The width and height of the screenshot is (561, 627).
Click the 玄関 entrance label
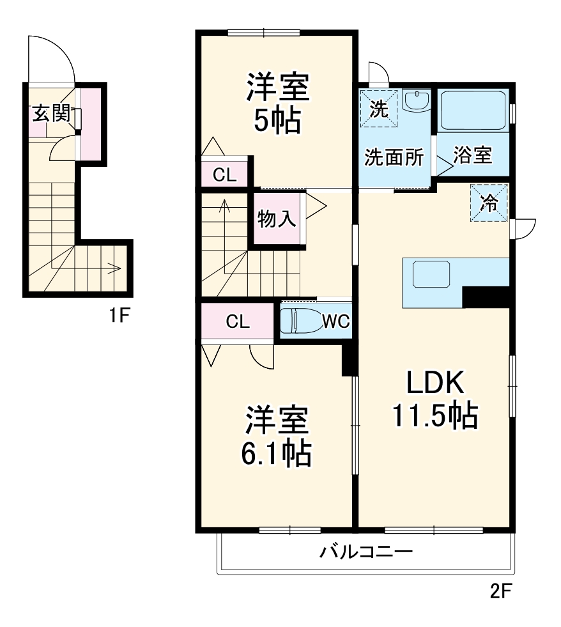coord(51,113)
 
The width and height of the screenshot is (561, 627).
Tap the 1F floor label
coord(119,315)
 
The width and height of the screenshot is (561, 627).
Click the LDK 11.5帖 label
coord(434,399)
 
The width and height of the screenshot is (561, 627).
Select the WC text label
coord(335,321)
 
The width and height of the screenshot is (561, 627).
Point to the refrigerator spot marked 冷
coord(489,203)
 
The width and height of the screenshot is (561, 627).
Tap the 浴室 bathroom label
coord(473,155)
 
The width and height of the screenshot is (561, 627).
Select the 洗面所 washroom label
coord(394,157)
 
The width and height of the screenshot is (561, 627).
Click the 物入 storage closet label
coord(276,219)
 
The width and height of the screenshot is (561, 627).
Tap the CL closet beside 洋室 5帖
coord(224,174)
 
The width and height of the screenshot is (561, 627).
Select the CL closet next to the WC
coord(237,321)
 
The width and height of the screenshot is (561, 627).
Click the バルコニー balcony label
coord(366,551)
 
